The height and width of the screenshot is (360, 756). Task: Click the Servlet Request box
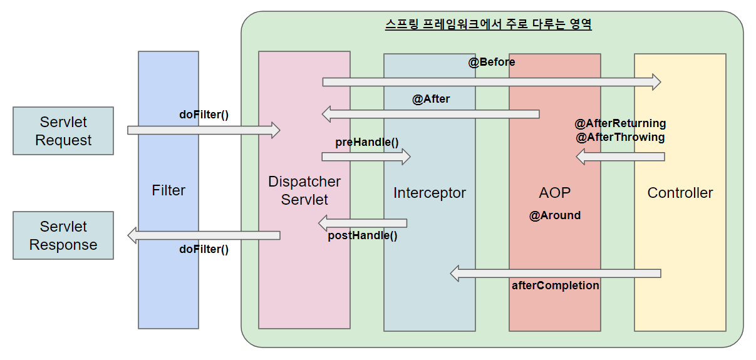[x=63, y=131]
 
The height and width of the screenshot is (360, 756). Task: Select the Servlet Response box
[x=63, y=235]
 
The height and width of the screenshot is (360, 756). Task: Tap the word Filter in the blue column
[x=168, y=190]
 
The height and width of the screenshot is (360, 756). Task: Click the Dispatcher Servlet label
[x=304, y=190]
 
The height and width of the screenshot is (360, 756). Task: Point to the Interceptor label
[x=430, y=193]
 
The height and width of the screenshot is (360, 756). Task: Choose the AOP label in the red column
[x=555, y=193]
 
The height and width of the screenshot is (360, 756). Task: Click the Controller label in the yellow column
[x=680, y=193]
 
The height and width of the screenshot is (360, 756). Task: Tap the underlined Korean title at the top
[x=489, y=25]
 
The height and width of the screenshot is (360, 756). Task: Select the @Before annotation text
[x=492, y=62]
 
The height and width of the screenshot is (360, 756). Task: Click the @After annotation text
[x=431, y=99]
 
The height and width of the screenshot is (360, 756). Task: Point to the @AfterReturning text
[x=620, y=123]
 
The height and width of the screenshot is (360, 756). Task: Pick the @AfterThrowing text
[x=620, y=137]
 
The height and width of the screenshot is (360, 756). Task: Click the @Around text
[x=555, y=215]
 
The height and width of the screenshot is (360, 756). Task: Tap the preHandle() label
[x=367, y=142]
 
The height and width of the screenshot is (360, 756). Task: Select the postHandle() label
[x=363, y=236]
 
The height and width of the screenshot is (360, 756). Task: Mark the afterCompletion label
[x=556, y=285]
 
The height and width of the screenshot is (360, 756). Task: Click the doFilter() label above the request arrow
[x=204, y=115]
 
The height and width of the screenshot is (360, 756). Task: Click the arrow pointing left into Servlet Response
[x=204, y=235]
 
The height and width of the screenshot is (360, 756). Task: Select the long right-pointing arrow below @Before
[x=492, y=82]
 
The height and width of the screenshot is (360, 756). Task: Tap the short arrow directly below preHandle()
[x=366, y=157]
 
